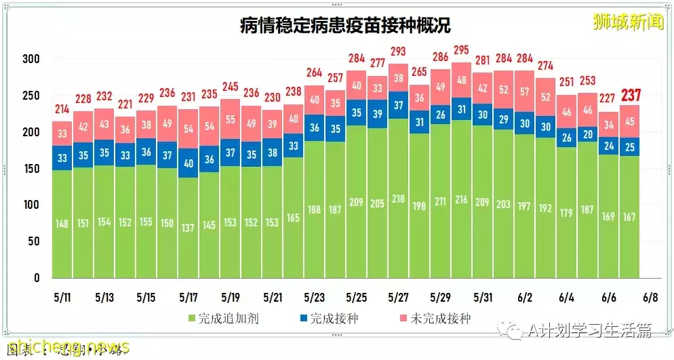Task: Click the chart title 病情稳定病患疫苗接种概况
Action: (345, 26)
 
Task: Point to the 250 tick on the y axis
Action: (31, 96)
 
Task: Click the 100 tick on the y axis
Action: (31, 205)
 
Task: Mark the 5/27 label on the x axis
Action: (399, 297)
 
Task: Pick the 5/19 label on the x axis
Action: (231, 297)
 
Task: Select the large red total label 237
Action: (631, 96)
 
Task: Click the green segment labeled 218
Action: (399, 199)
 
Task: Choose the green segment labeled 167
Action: (631, 217)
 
